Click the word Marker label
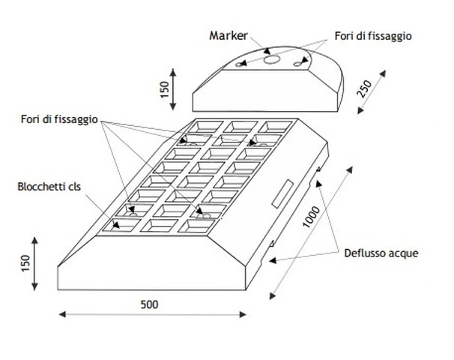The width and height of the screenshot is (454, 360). pos(228,34)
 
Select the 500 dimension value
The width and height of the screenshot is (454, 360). pos(151,304)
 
